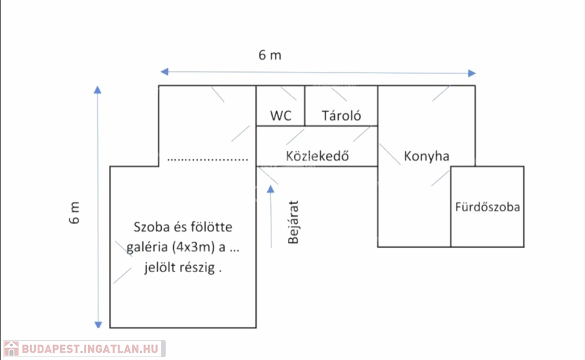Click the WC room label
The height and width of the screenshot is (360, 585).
click(x=281, y=116)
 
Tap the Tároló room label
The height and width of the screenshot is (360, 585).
click(x=342, y=116)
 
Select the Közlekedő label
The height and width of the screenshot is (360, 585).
click(x=317, y=156)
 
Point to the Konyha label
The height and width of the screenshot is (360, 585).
click(x=426, y=156)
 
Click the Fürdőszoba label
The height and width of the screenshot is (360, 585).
click(x=487, y=207)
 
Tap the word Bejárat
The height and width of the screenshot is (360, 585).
click(x=294, y=222)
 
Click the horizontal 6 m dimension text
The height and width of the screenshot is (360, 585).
click(x=270, y=55)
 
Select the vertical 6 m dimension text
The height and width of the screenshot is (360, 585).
click(x=75, y=213)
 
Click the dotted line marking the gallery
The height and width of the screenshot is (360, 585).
click(x=208, y=159)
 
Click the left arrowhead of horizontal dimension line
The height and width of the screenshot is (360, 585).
click(x=164, y=72)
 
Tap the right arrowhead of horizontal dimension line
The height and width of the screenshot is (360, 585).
click(x=471, y=73)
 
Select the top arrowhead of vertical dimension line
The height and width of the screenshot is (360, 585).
click(x=98, y=90)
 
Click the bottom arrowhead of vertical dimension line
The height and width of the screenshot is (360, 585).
click(x=98, y=323)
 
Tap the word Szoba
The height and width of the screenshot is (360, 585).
click(x=151, y=227)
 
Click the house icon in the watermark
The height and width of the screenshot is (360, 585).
click(x=11, y=348)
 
